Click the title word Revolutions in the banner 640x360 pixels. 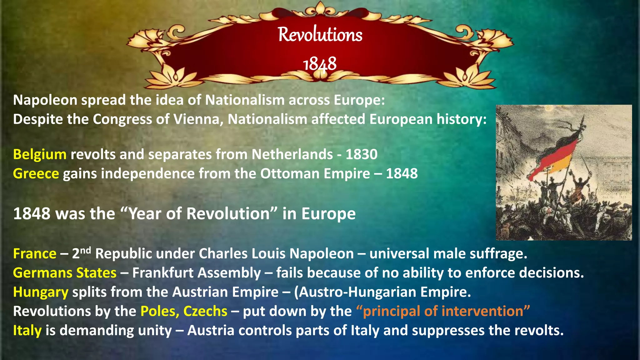(x=320, y=34)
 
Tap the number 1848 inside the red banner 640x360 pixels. (x=320, y=64)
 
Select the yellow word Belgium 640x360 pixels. (x=40, y=154)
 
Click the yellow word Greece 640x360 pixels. (x=36, y=174)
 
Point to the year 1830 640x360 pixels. (x=361, y=154)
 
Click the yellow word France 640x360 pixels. (x=35, y=254)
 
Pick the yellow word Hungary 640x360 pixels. (x=41, y=292)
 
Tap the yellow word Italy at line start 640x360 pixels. (x=27, y=331)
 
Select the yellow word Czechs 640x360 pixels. (x=205, y=311)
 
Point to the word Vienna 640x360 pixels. (x=198, y=119)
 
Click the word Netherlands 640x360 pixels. (x=292, y=154)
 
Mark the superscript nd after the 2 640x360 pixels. (x=85, y=250)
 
